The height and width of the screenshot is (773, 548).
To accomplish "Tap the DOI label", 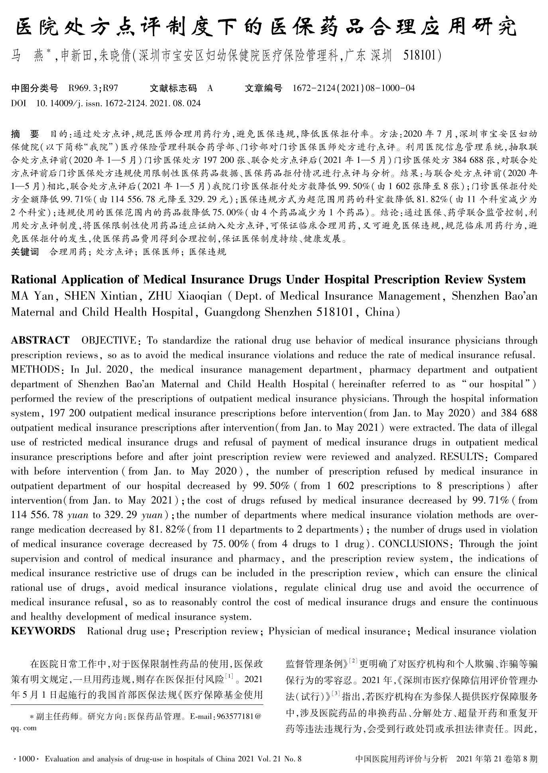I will [x=18, y=103].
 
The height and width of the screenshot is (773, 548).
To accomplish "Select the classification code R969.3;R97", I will [x=93, y=88].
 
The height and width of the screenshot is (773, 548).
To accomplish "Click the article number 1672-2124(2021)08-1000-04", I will [x=354, y=88].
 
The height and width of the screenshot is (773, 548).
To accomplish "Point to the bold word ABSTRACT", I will [x=40, y=340].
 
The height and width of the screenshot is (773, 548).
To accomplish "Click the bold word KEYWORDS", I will [x=43, y=631].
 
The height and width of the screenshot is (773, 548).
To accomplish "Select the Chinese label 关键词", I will [x=25, y=252].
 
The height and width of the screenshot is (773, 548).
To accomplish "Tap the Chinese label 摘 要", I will [x=25, y=134].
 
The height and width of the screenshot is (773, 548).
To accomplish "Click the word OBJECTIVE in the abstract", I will [x=108, y=341].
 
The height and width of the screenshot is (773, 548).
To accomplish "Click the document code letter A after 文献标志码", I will [x=210, y=88].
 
